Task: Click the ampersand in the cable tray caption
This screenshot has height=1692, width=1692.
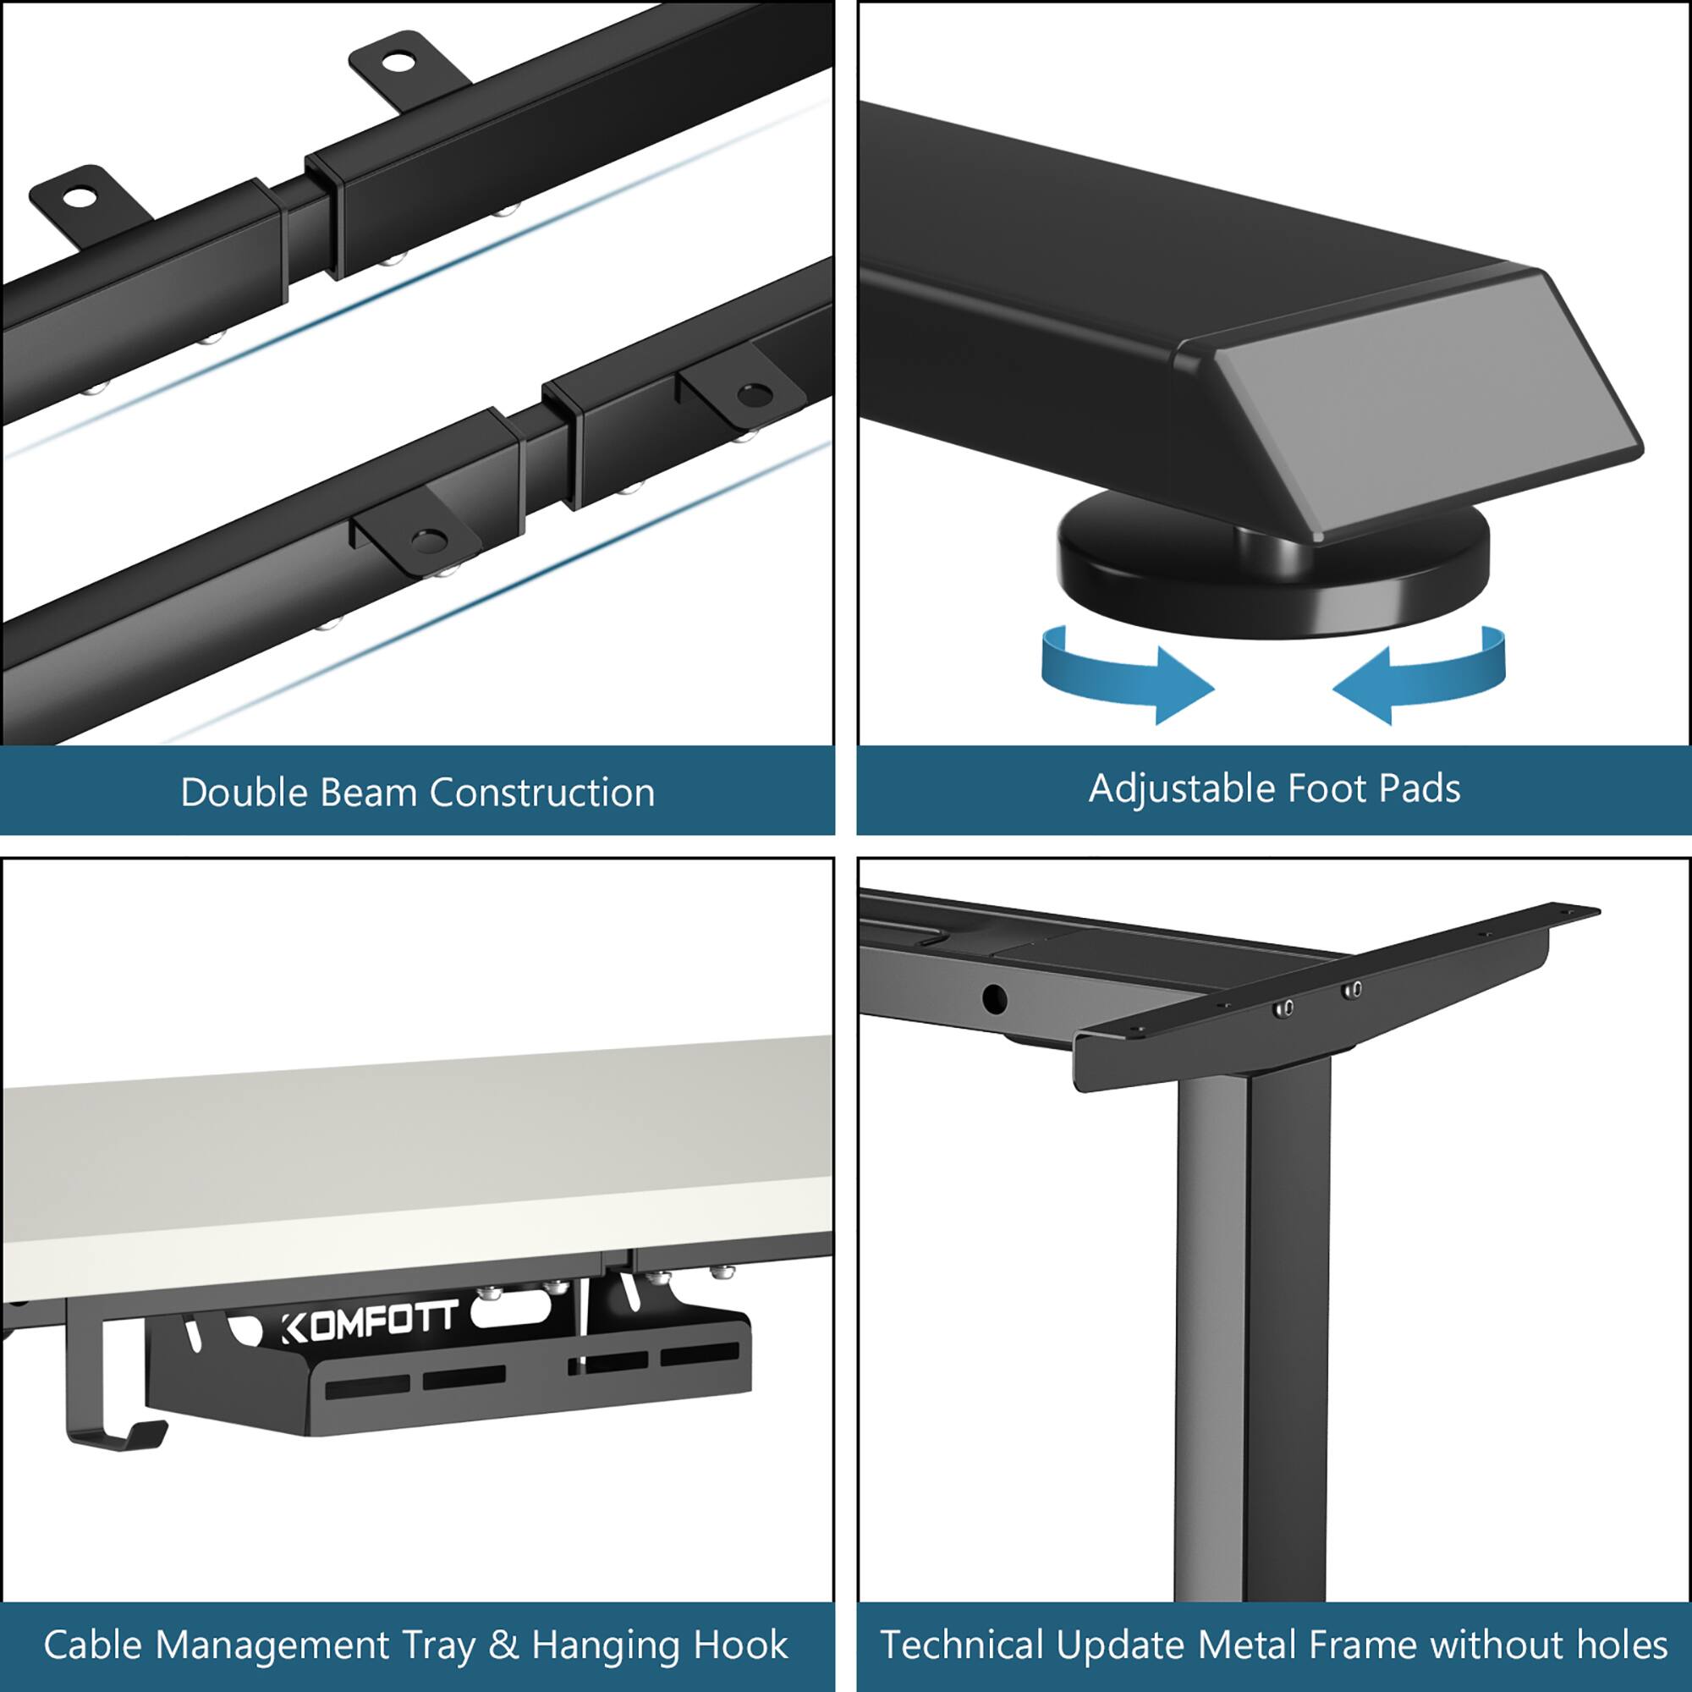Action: coord(503,1645)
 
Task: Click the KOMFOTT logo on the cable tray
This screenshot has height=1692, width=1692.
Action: coord(370,1321)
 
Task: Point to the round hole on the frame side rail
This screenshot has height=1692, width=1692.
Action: coord(994,997)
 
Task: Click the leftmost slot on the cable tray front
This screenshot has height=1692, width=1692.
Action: coord(368,1387)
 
